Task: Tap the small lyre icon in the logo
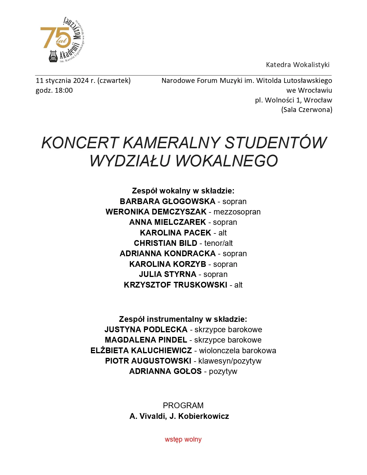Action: click(x=53, y=56)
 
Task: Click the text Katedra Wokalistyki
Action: click(x=298, y=65)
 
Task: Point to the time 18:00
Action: click(x=64, y=90)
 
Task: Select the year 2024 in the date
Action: click(x=81, y=81)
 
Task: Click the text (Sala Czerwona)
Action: click(x=307, y=110)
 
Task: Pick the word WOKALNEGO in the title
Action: click(x=227, y=161)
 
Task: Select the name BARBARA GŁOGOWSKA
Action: click(x=168, y=202)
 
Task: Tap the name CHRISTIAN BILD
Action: click(x=166, y=243)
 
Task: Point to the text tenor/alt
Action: click(x=218, y=243)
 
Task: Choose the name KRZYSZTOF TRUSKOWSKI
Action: click(x=176, y=285)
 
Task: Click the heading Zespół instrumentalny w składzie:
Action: click(x=183, y=319)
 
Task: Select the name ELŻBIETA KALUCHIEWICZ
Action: click(x=141, y=351)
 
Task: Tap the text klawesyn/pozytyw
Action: click(x=230, y=361)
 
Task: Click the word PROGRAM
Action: click(x=183, y=406)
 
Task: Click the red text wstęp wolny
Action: click(x=183, y=440)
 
